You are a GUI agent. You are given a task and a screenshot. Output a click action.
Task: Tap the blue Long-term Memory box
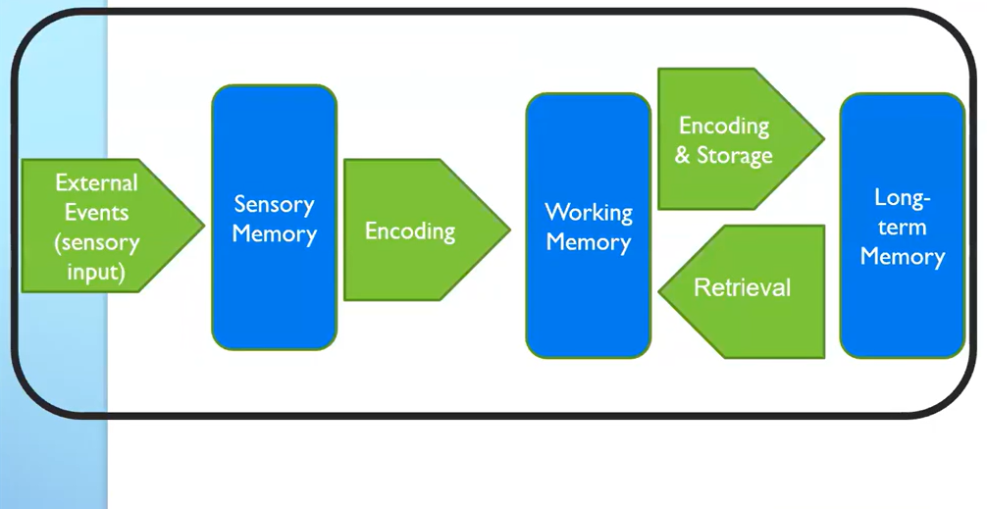(902, 304)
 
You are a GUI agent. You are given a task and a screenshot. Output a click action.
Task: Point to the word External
(96, 183)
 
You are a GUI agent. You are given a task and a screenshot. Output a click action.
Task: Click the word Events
(96, 212)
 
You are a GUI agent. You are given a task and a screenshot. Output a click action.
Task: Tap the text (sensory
(96, 242)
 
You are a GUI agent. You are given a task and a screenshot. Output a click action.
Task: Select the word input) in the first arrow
(96, 272)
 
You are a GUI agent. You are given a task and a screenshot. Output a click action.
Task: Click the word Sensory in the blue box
(274, 204)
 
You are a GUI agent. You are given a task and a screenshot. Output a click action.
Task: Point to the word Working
(589, 212)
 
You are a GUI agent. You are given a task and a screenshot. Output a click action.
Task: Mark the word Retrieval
(742, 287)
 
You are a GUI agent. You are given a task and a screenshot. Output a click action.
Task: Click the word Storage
(736, 156)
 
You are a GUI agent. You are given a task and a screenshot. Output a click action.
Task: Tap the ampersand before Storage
(684, 156)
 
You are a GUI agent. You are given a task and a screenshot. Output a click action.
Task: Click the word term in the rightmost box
(902, 228)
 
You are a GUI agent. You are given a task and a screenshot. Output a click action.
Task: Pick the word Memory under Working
(589, 241)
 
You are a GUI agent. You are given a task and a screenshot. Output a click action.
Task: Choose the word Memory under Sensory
(274, 234)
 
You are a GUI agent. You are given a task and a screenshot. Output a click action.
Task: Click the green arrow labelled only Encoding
(410, 231)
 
